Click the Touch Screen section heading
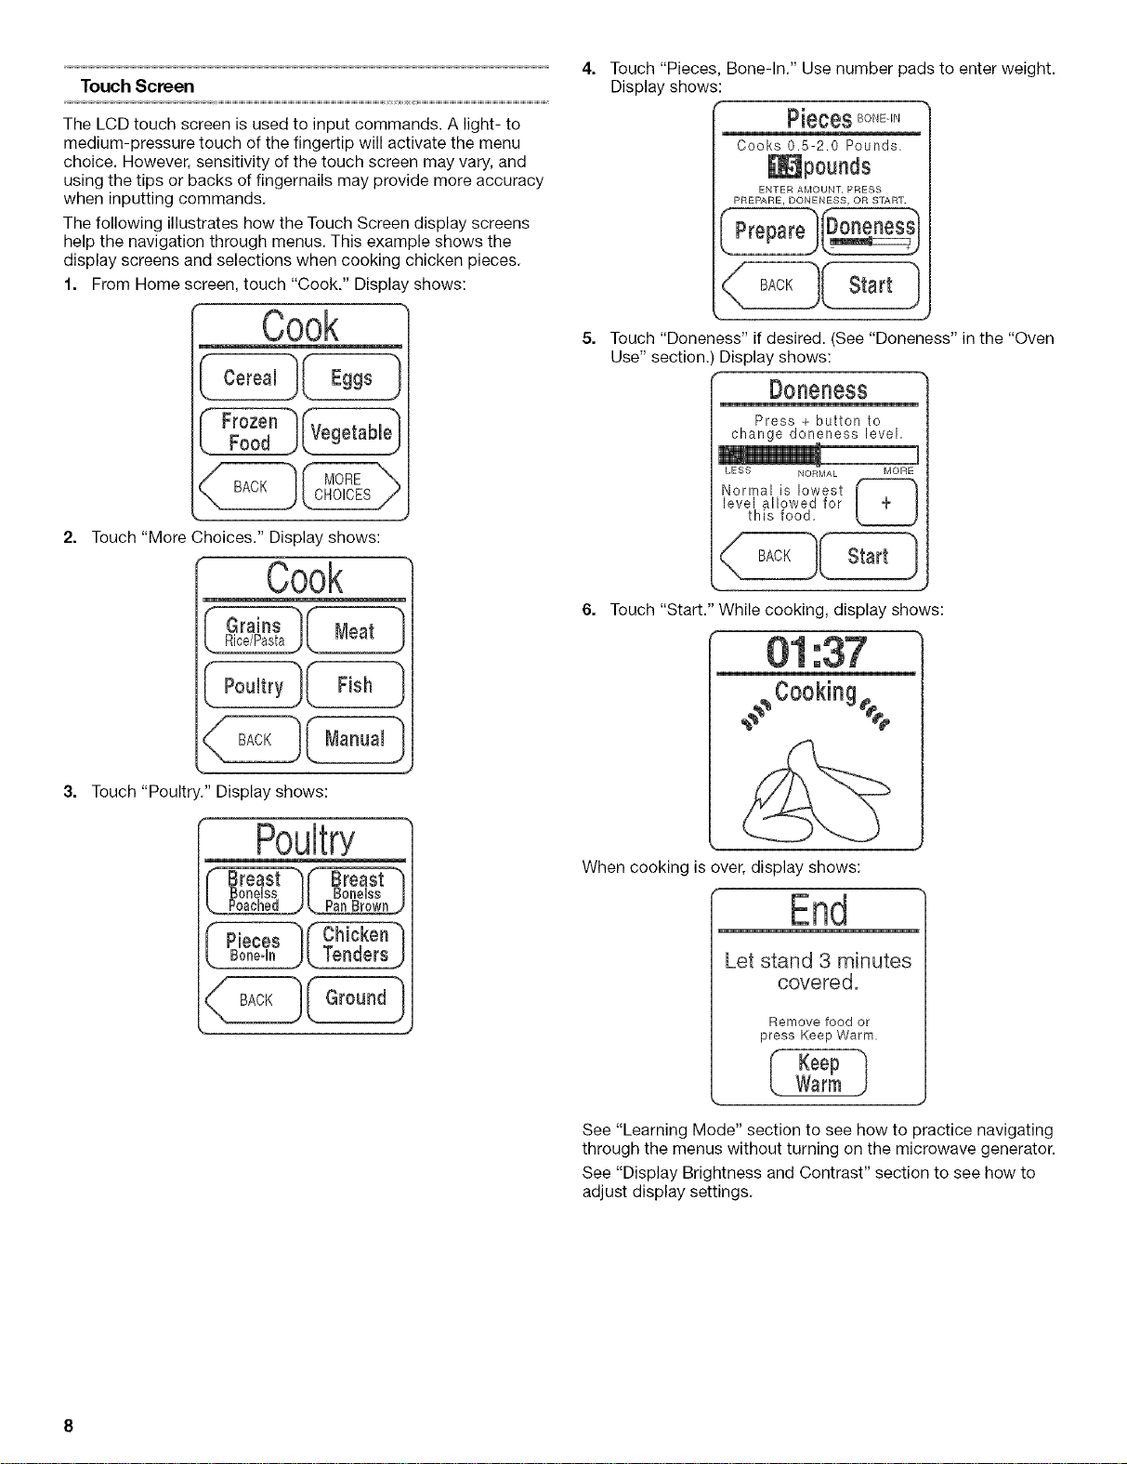click(x=138, y=86)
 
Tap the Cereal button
click(x=249, y=377)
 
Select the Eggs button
click(x=351, y=377)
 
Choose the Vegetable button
click(x=351, y=432)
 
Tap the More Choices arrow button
click(x=351, y=486)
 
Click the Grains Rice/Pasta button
click(x=253, y=630)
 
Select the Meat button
click(x=356, y=630)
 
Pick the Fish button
click(x=356, y=684)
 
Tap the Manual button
click(x=356, y=739)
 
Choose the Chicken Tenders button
click(x=356, y=944)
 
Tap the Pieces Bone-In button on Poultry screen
click(x=254, y=944)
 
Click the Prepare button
click(x=769, y=231)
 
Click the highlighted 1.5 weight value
click(x=784, y=166)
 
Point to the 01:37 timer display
click(x=816, y=653)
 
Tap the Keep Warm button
click(x=818, y=1074)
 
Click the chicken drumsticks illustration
click(x=817, y=792)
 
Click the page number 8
click(x=68, y=1426)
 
